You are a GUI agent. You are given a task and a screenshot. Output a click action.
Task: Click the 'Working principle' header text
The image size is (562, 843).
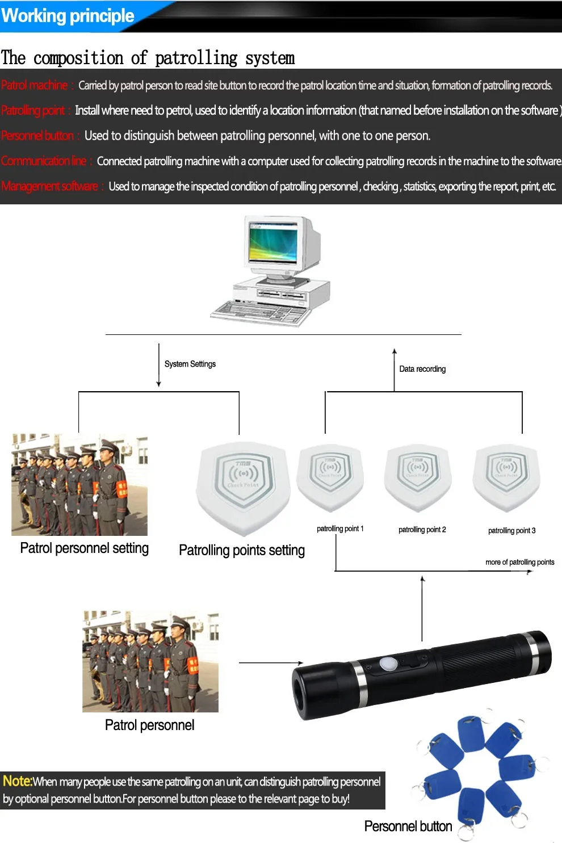pos(68,16)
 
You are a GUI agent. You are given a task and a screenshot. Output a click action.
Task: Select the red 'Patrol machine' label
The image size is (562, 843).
pos(35,86)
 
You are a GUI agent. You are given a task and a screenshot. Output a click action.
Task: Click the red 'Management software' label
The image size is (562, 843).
pos(50,187)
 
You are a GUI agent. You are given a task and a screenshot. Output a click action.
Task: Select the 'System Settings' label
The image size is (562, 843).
pos(190,364)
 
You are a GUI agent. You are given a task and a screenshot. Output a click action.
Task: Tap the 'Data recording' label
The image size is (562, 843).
pos(422,369)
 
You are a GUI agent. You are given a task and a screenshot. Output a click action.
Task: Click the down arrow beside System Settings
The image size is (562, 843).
pos(159,366)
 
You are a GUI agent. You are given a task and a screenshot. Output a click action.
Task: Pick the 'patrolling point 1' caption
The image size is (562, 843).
pos(340,529)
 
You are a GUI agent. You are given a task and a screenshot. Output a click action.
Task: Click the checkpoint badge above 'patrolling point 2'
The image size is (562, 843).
pos(417,471)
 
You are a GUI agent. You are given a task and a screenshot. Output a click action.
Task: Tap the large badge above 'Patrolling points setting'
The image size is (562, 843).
pos(243,485)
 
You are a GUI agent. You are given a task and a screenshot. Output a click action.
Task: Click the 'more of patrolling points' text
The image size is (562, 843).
pos(519,562)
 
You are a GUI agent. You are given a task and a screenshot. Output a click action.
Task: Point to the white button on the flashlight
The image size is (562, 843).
pos(388,664)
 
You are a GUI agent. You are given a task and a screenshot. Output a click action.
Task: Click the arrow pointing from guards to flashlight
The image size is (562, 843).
pos(271,662)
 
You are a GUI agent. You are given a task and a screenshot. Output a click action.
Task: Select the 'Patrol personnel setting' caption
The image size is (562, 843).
pos(84,548)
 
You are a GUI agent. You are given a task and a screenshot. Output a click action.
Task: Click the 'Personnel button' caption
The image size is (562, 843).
pos(408,826)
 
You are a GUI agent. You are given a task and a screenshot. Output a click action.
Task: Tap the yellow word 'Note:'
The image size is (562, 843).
pos(17,781)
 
